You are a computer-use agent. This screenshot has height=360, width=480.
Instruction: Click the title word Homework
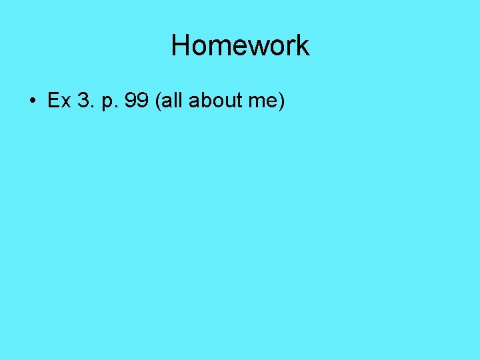click(240, 45)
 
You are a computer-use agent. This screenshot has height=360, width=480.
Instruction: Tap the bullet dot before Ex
click(32, 101)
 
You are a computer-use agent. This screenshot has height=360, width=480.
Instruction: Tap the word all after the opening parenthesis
click(173, 101)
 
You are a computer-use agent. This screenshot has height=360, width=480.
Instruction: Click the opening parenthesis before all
click(157, 101)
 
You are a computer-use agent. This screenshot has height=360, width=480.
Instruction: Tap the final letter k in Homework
click(303, 45)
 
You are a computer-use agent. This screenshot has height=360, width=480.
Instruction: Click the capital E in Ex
click(52, 101)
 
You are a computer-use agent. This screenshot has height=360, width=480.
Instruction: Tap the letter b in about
click(205, 101)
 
